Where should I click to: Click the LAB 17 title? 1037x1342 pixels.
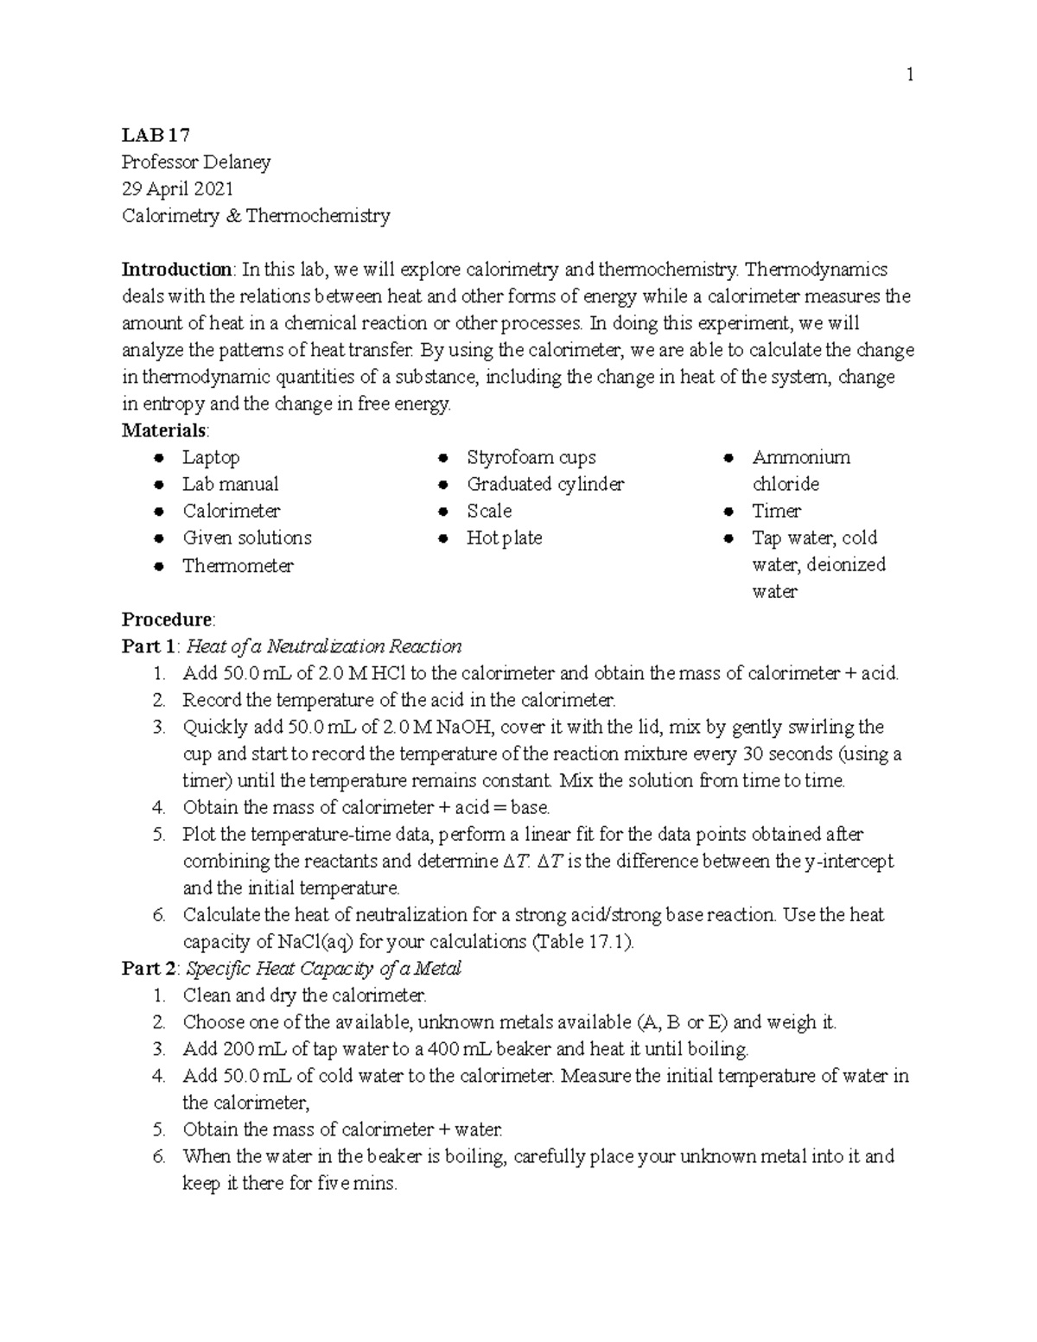pos(156,135)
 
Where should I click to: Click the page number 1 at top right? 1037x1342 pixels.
pos(909,75)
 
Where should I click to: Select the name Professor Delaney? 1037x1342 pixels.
pos(196,162)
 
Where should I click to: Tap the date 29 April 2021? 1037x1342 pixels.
pos(177,188)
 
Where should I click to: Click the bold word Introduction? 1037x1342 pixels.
pos(176,269)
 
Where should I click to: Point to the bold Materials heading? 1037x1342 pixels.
pos(164,429)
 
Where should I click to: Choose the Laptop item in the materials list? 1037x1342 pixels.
pos(211,457)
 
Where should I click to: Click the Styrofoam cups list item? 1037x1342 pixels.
pos(531,457)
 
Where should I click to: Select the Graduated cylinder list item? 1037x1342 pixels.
pos(544,484)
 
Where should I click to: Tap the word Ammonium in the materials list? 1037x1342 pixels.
pos(800,457)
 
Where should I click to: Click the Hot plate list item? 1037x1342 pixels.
pos(504,537)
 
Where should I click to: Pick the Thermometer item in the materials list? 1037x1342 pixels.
pos(238,565)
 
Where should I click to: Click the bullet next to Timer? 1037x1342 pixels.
pos(728,511)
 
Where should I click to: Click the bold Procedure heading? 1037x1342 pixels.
pos(167,619)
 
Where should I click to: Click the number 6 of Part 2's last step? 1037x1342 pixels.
pos(158,1156)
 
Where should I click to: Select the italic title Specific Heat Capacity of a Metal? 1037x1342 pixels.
pos(324,968)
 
